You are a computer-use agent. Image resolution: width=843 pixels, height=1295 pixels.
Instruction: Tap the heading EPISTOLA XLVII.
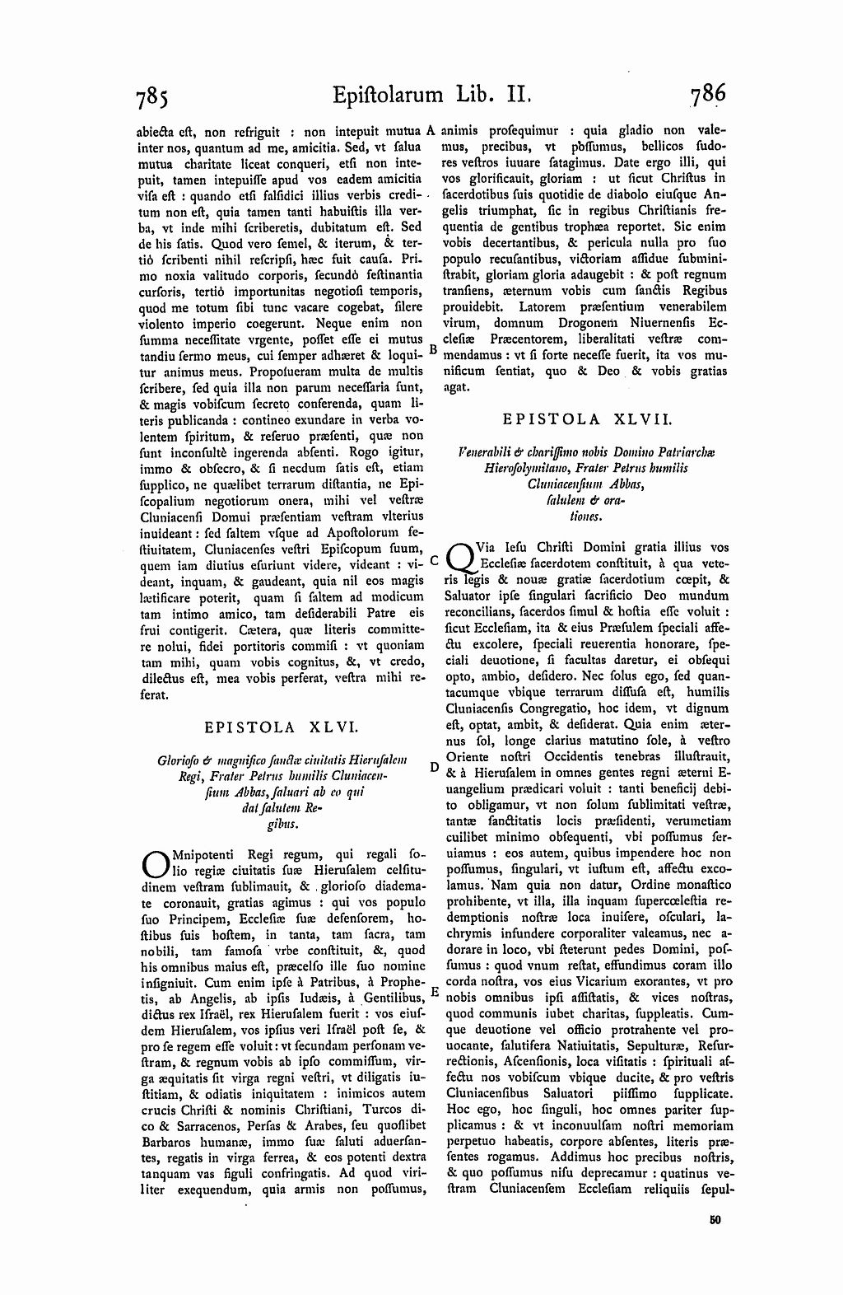pos(588,418)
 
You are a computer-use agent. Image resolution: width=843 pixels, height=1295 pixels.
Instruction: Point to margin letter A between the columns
pos(430,130)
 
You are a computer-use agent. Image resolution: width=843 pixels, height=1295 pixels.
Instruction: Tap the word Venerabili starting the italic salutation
pos(486,452)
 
